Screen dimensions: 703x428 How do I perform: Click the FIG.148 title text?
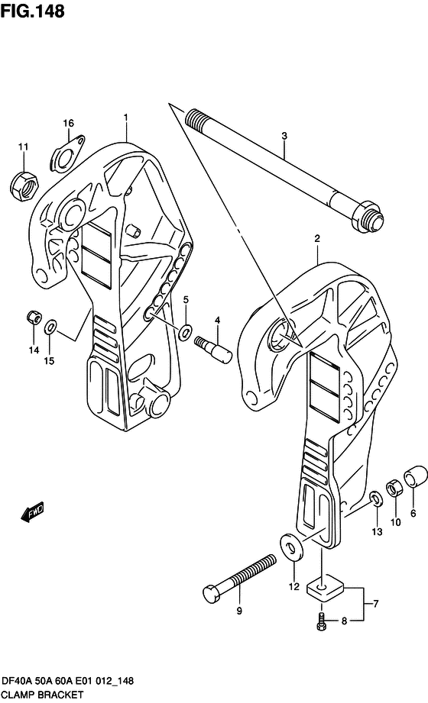pos(32,11)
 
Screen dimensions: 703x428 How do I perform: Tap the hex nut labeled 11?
pos(23,182)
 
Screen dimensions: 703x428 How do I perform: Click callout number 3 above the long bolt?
pos(284,137)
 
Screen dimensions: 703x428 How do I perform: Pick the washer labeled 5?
pos(185,332)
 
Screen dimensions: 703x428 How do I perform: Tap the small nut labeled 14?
pos(33,316)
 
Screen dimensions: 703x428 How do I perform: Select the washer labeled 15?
pos(50,327)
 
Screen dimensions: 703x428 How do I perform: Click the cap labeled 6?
pos(413,475)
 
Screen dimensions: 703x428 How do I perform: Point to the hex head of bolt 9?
pos(213,593)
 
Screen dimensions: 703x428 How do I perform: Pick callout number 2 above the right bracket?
pos(316,239)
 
